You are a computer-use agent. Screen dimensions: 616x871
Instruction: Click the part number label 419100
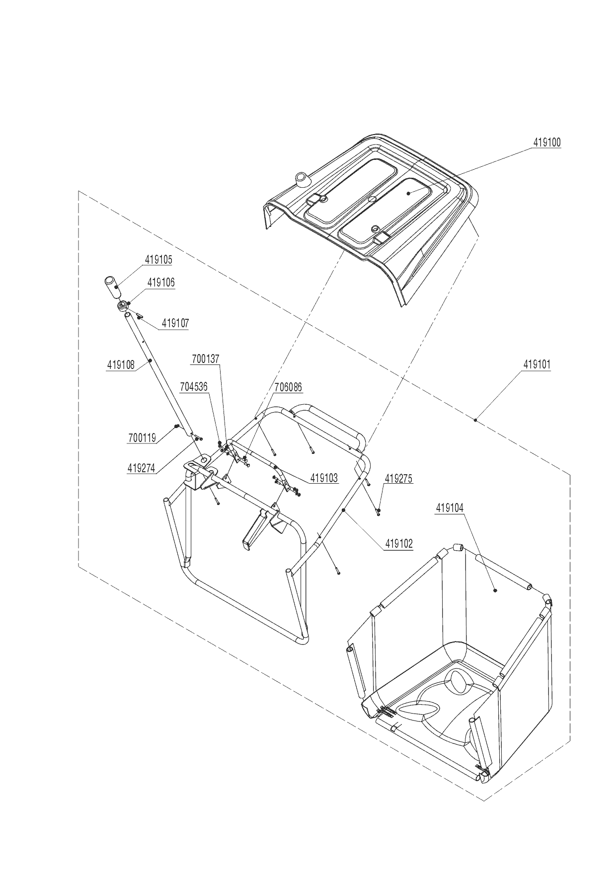(547, 143)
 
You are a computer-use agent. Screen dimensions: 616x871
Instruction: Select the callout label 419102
(399, 544)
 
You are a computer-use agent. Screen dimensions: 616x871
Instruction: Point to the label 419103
(324, 478)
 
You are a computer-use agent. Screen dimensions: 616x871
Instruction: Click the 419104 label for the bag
(450, 508)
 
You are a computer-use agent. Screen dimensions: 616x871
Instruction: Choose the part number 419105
(159, 259)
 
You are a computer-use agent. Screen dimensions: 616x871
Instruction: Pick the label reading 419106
(161, 283)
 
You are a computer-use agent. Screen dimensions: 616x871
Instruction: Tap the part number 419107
(175, 324)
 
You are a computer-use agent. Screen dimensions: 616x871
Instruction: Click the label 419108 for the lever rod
(121, 365)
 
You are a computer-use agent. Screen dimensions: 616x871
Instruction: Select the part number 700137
(206, 358)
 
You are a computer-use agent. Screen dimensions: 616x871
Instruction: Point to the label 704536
(194, 387)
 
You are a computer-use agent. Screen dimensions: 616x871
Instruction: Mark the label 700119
(142, 438)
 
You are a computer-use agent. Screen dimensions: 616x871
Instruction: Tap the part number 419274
(142, 467)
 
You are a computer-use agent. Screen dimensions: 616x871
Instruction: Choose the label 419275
(398, 479)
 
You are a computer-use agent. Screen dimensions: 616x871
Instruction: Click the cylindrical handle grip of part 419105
(111, 288)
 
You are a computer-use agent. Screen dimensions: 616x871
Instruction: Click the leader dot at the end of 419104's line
(495, 590)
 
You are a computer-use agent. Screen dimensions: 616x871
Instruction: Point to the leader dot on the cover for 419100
(408, 193)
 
